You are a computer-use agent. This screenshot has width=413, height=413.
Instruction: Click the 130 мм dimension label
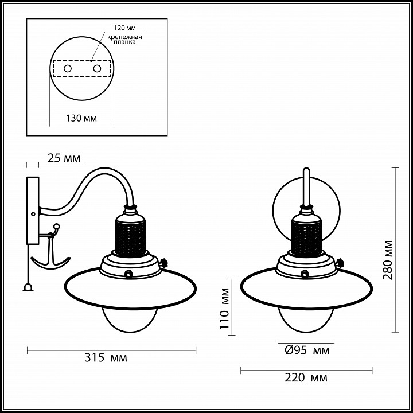pos(81,118)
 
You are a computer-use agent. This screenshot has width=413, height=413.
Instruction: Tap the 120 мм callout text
pos(124,28)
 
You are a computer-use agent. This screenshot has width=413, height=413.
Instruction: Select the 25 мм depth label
pos(64,158)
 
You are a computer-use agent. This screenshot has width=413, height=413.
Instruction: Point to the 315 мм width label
pos(106,358)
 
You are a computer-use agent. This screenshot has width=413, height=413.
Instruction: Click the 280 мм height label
pos(388,260)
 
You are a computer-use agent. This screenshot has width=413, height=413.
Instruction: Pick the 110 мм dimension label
pos(225,309)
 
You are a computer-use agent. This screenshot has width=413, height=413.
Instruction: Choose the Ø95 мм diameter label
pos(307,350)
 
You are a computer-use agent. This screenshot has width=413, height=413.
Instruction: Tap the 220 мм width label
pos(306,377)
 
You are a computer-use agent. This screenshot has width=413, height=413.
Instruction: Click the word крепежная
pos(124,37)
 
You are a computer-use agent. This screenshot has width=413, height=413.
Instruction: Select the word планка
pos(125,42)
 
